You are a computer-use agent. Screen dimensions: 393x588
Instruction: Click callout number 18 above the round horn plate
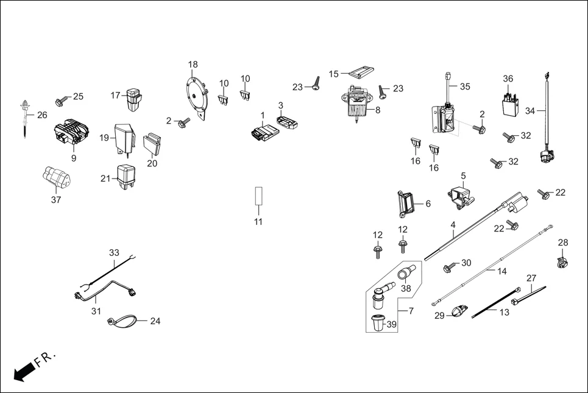pyautogui.click(x=193, y=65)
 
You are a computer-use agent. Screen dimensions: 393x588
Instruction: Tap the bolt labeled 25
pyautogui.click(x=62, y=99)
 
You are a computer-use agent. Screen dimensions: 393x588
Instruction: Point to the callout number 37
pyautogui.click(x=56, y=200)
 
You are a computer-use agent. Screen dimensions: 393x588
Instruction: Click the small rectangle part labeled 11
pyautogui.click(x=258, y=198)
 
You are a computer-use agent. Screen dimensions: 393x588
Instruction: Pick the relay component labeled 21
pyautogui.click(x=127, y=175)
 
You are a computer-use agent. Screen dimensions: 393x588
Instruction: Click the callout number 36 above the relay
pyautogui.click(x=508, y=79)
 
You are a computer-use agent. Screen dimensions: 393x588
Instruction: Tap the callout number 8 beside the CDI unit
pyautogui.click(x=377, y=110)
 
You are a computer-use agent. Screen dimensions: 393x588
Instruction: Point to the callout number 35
pyautogui.click(x=465, y=87)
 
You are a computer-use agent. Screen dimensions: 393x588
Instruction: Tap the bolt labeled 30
pyautogui.click(x=449, y=266)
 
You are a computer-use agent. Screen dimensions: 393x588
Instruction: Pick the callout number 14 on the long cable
pyautogui.click(x=501, y=271)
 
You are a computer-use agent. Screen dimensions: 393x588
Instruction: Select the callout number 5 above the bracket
pyautogui.click(x=463, y=175)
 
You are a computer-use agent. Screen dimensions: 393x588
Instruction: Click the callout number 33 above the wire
pyautogui.click(x=115, y=252)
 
